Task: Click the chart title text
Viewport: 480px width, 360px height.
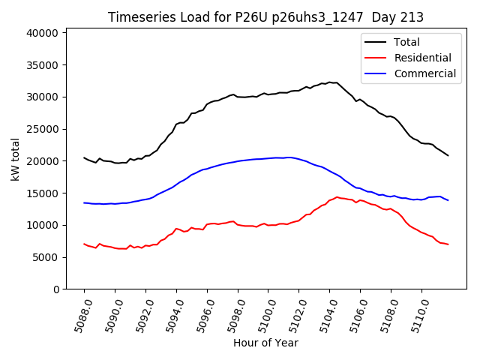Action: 265,17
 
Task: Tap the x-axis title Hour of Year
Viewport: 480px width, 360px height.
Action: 265,343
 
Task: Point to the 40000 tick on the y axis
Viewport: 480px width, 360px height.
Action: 43,33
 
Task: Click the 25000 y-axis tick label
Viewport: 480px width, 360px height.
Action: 43,129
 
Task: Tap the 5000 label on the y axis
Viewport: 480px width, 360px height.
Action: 46,257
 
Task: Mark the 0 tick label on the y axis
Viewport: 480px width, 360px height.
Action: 56,289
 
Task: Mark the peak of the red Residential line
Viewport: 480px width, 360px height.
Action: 337,197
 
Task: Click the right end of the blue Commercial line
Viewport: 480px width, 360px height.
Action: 448,200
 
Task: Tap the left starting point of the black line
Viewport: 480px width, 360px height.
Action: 84,157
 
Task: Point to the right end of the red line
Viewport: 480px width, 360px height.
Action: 448,244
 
